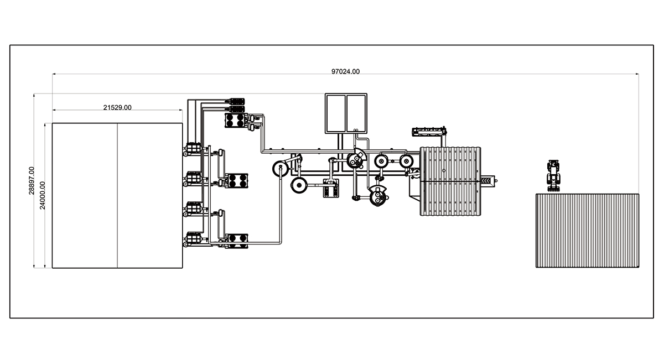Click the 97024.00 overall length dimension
point(345,71)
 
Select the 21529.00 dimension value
point(117,107)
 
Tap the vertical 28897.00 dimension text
point(32,181)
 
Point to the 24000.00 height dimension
point(43,195)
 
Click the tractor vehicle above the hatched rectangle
point(553,175)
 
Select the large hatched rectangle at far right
point(587,231)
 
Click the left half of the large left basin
point(85,196)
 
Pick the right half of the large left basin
point(150,196)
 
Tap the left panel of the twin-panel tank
point(335,113)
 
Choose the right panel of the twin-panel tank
point(356,113)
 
